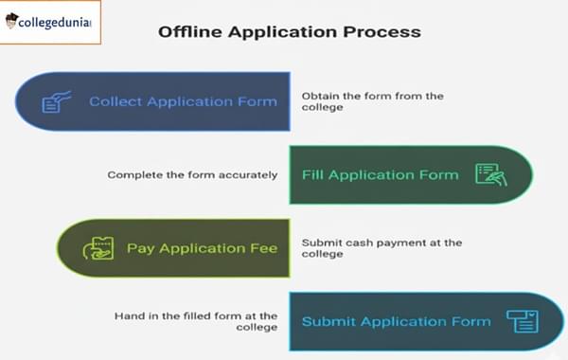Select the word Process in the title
384,31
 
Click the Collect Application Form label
182,101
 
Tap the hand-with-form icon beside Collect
53,101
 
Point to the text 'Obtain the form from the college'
372,101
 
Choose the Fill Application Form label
380,174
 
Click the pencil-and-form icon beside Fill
490,174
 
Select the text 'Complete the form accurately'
192,174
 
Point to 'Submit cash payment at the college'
382,248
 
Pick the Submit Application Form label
396,321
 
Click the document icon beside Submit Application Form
522,321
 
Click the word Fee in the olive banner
263,248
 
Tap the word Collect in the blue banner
115,101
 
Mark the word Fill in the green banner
312,174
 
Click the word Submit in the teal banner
324,321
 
